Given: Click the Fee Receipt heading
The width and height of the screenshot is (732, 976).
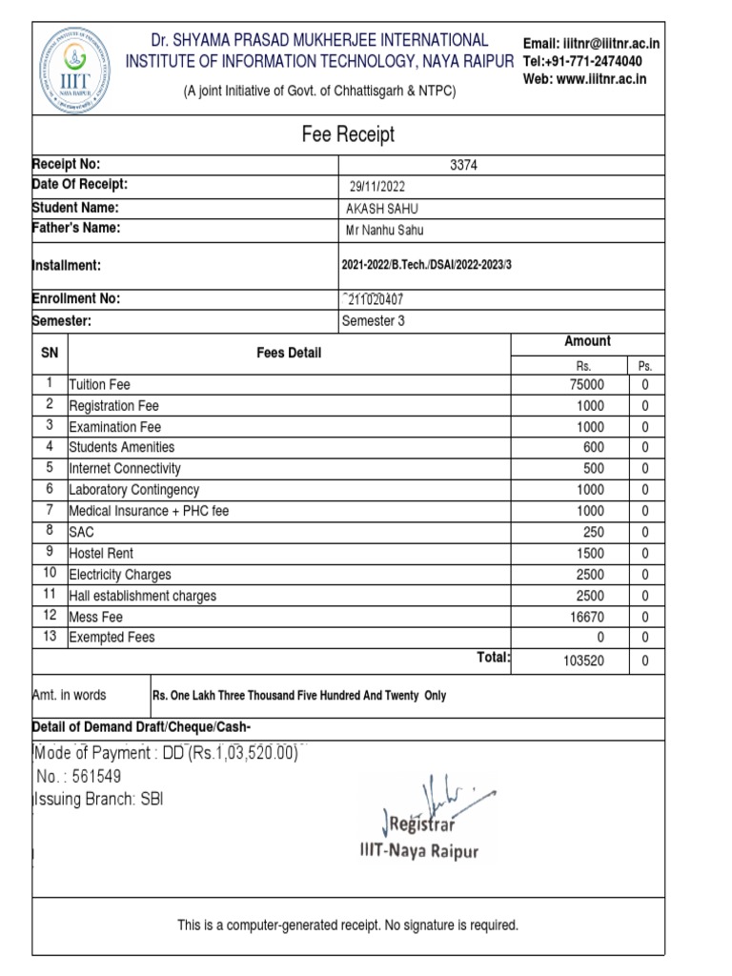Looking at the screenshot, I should click(x=348, y=134).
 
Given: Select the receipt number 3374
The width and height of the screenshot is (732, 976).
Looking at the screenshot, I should click(x=463, y=165).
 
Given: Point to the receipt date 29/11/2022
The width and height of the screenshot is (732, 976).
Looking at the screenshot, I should click(x=377, y=187).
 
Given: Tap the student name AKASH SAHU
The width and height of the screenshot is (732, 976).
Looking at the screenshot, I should click(x=381, y=209).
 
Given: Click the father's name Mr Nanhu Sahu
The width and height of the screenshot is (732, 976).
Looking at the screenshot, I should click(x=385, y=230).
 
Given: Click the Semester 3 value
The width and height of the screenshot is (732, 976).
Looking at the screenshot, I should click(x=373, y=321).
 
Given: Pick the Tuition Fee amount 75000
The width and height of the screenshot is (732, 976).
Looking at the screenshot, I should click(x=586, y=385).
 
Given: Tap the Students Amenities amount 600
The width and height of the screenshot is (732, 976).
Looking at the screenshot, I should click(x=594, y=447).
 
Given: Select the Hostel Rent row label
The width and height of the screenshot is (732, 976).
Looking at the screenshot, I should click(x=101, y=554).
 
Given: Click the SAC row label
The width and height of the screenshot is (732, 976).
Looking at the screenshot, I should click(x=82, y=532).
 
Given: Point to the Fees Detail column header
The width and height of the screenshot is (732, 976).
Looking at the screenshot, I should click(x=289, y=354).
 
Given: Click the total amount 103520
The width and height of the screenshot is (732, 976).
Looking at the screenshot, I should click(x=583, y=661).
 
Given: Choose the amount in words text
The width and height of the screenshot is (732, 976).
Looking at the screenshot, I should click(x=299, y=696).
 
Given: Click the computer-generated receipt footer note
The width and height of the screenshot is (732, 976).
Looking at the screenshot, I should click(x=348, y=925).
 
